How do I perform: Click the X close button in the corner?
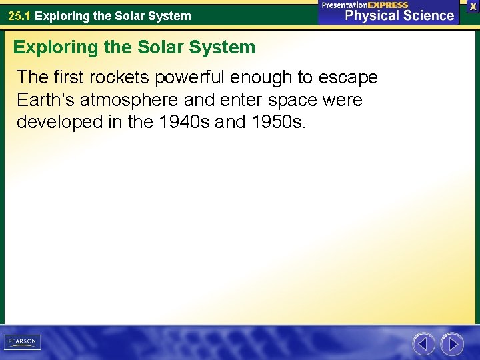tap(473, 6)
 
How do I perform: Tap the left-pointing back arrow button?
tap(423, 344)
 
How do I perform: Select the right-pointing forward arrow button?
tap(453, 344)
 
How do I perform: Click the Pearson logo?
tap(22, 342)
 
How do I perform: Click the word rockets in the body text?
tap(117, 77)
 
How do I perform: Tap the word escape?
tap(347, 77)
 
